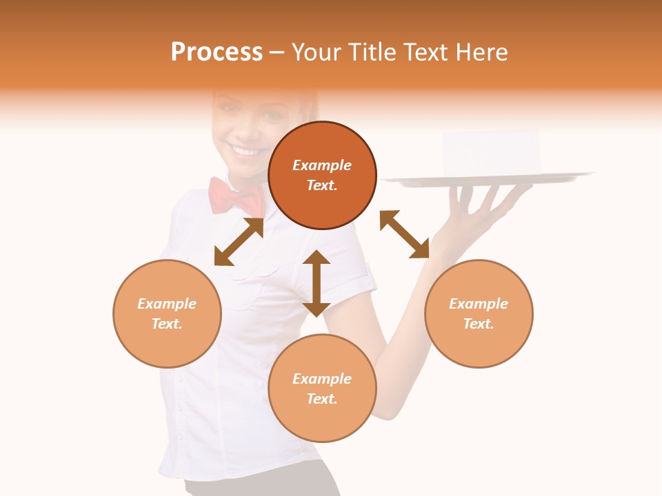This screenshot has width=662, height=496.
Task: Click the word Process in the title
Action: coord(217,52)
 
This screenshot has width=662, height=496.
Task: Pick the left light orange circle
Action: coord(167,313)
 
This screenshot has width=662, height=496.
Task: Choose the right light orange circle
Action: coord(479,313)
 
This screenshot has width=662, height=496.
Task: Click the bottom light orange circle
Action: coord(322,389)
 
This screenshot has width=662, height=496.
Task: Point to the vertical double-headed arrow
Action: coord(317,283)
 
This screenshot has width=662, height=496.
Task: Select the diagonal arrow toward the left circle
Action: coord(239,242)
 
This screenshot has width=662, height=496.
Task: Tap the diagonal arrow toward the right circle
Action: coord(405,234)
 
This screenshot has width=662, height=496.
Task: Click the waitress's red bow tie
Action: coord(237,195)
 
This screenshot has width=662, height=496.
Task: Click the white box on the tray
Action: coord(491,152)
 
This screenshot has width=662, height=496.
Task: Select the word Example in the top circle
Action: coord(322,165)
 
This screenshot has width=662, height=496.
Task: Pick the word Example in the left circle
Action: coord(167,304)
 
